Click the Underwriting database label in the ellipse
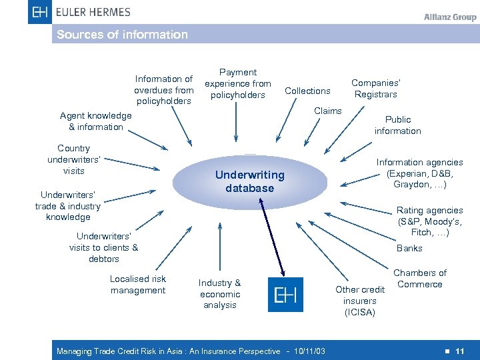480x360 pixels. [249, 181]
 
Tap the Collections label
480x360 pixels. [307, 91]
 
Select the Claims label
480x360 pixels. [327, 111]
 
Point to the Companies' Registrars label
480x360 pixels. [376, 89]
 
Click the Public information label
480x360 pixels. [398, 125]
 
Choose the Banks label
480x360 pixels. [409, 248]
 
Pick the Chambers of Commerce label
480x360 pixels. [420, 279]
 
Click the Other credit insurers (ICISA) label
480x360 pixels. [360, 301]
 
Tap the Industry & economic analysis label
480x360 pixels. [219, 294]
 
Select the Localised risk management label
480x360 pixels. [138, 285]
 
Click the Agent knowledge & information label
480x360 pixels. [96, 121]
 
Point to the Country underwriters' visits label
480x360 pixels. [73, 159]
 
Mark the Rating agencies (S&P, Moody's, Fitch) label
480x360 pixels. [429, 221]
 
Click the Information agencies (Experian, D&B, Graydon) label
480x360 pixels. [420, 173]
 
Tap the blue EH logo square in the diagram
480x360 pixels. [285, 295]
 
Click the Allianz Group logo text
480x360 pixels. [450, 17]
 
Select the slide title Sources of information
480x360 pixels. [123, 35]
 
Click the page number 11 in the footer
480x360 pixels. [459, 351]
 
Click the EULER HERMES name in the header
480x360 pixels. [93, 12]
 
